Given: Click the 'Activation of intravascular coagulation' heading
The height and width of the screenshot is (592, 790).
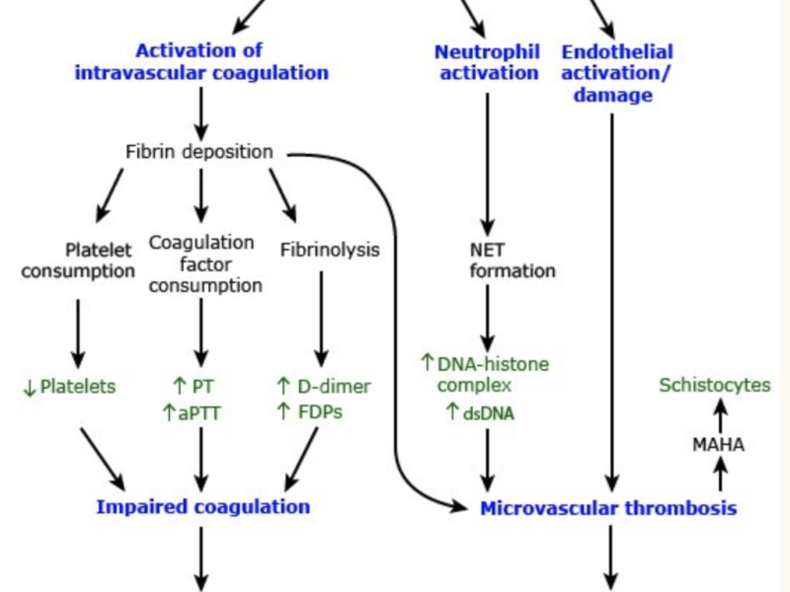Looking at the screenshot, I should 201,61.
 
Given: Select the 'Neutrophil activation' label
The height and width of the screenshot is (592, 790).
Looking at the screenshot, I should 487,61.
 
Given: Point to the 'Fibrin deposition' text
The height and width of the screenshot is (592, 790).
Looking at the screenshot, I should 199,152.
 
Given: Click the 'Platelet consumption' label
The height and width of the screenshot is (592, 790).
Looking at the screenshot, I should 78,260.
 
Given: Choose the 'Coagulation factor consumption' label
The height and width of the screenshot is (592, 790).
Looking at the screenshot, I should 201,263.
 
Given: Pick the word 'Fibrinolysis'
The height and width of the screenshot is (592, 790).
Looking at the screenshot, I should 330,250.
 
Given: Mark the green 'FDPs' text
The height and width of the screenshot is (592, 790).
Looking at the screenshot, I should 322,411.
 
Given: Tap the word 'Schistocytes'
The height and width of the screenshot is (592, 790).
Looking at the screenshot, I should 714,385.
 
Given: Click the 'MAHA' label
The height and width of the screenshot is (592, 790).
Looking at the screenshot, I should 718,445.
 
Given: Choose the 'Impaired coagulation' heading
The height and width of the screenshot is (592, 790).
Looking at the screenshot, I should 202,506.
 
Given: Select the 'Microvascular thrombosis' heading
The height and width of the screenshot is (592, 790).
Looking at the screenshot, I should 608,508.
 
